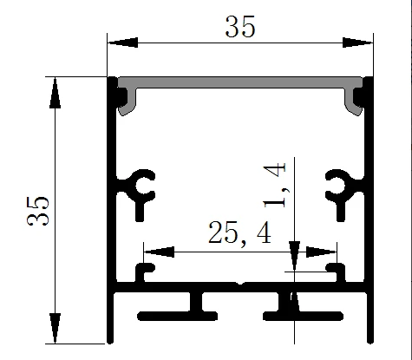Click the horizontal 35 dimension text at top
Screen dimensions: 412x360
[x=240, y=27]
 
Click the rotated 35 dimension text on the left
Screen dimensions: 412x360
[x=38, y=211]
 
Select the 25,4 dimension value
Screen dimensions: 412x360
[x=239, y=232]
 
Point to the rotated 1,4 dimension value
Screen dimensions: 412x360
[x=275, y=185]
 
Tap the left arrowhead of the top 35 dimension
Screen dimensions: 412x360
[x=122, y=43]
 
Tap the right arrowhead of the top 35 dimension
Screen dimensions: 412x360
[x=357, y=43]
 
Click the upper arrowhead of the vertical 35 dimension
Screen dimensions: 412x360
[x=55, y=93]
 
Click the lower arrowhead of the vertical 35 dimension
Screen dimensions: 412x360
[x=55, y=328]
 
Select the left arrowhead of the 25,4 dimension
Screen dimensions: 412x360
[x=159, y=252]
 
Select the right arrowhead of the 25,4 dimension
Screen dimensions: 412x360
[x=321, y=252]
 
